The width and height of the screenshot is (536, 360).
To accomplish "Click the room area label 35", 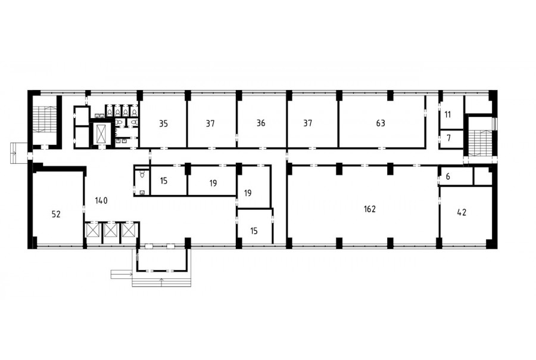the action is pyautogui.click(x=163, y=123).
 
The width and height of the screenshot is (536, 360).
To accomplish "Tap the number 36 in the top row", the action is pyautogui.click(x=260, y=123).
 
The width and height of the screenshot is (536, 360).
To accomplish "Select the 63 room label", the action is pyautogui.click(x=380, y=123).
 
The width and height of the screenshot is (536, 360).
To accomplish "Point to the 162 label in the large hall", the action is pyautogui.click(x=370, y=209).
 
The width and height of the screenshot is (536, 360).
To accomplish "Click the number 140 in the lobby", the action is pyautogui.click(x=101, y=200).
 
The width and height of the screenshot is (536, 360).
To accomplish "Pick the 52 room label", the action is pyautogui.click(x=56, y=214).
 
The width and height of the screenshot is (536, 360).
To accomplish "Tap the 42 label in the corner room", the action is pyautogui.click(x=462, y=213).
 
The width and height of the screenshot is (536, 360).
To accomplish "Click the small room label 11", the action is pyautogui.click(x=448, y=114).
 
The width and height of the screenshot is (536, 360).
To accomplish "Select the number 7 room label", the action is pyautogui.click(x=448, y=138).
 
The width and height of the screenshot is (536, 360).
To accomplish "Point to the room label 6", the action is pyautogui.click(x=448, y=176).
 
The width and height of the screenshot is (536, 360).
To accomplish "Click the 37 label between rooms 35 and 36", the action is pyautogui.click(x=210, y=123).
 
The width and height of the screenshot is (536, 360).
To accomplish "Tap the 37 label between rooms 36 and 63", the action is pyautogui.click(x=308, y=123).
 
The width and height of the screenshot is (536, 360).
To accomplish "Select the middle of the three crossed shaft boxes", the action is pyautogui.click(x=110, y=230).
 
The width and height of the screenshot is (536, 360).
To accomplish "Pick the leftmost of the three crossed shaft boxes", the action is pyautogui.click(x=93, y=230).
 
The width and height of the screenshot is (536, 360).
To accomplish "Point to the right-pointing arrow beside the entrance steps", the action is pyautogui.click(x=121, y=274).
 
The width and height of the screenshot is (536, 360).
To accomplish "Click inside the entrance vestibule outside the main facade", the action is pyautogui.click(x=161, y=259).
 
